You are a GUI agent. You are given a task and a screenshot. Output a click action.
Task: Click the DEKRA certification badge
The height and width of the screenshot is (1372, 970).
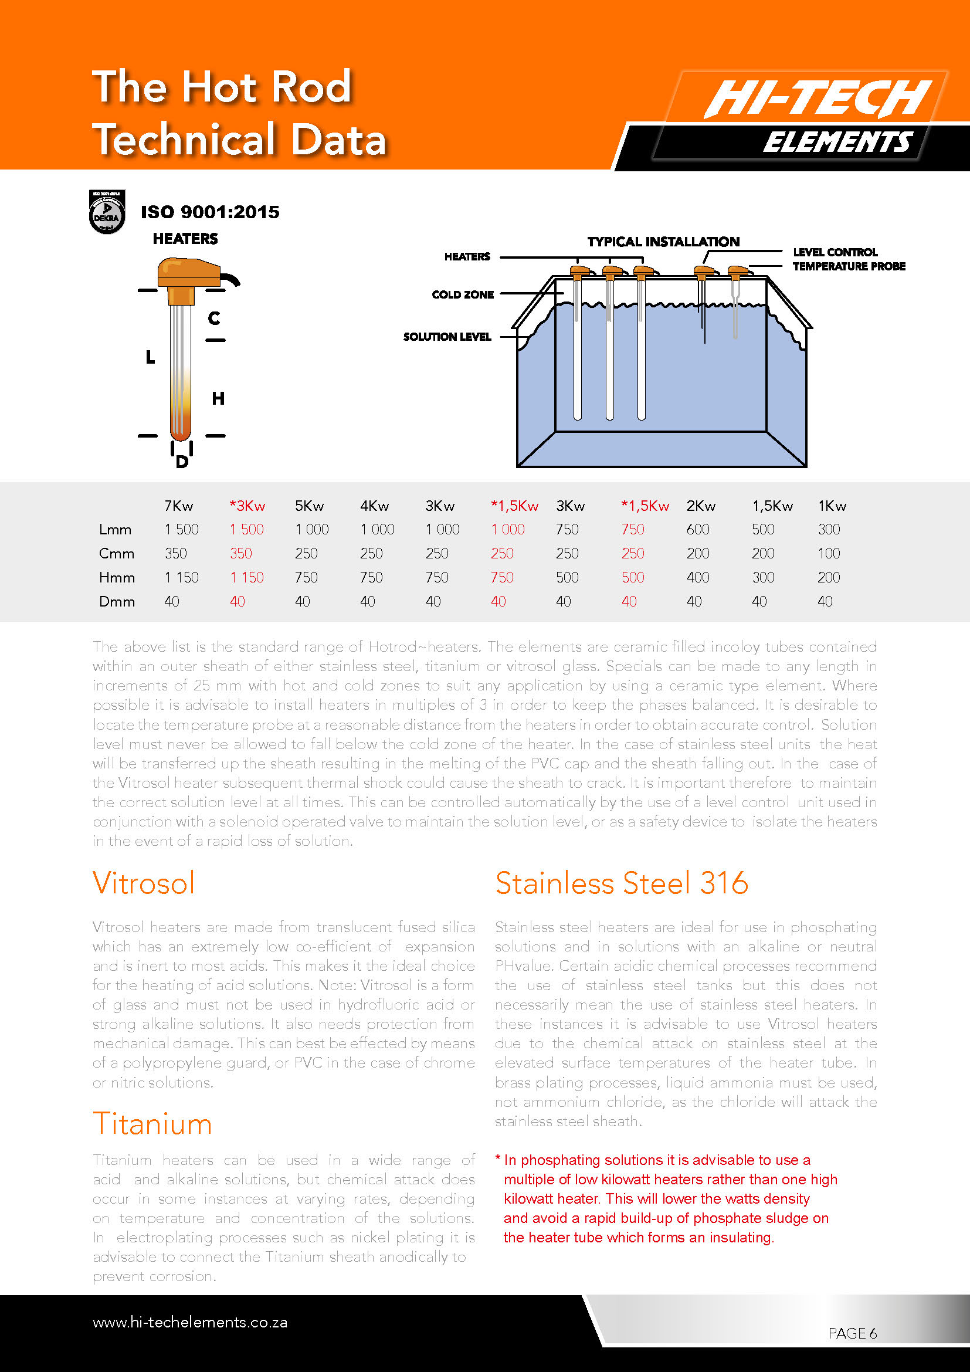tap(107, 212)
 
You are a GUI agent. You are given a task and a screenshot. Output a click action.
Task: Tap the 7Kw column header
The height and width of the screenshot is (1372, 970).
tap(179, 506)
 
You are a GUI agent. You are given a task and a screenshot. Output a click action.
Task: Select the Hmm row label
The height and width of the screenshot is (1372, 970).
tap(117, 578)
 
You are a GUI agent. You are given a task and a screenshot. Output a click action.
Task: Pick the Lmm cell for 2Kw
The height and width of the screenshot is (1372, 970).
tap(698, 530)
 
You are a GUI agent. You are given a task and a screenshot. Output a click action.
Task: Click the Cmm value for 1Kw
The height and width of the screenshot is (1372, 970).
tap(829, 553)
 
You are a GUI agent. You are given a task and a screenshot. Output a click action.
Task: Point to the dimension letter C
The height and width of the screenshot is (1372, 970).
tap(214, 318)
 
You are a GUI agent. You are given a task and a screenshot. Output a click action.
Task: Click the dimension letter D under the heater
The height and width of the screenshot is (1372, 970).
tap(182, 462)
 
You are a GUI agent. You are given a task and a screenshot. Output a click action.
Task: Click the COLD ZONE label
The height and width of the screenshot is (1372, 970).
tap(462, 294)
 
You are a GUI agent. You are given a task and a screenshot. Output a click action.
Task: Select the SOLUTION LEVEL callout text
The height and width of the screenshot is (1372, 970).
tap(447, 337)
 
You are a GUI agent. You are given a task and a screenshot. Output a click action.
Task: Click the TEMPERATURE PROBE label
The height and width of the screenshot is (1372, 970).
tap(849, 266)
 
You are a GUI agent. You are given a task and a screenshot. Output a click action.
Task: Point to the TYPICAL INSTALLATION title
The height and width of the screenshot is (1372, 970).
tap(663, 242)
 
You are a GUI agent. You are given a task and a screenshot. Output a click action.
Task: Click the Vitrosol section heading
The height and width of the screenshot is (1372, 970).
tap(144, 883)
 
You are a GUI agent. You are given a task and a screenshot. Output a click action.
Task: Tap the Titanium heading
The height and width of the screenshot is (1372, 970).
tap(152, 1123)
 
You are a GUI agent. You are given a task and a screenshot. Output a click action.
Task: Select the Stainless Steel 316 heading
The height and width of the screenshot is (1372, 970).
tap(621, 883)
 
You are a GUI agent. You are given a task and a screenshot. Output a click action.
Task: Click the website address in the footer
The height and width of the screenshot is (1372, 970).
tap(190, 1322)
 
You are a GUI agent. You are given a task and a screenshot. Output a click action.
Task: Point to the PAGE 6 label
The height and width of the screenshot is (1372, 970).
tap(852, 1333)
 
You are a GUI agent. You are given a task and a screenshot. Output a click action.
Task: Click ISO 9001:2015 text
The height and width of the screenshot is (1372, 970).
tap(209, 212)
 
